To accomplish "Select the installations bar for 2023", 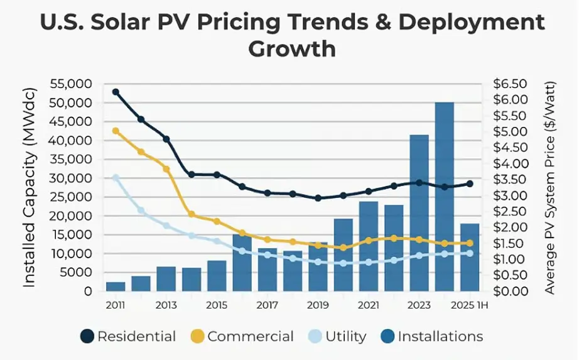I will [x=419, y=214].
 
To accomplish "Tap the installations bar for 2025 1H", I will [x=469, y=258].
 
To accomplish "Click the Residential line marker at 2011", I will [x=116, y=92].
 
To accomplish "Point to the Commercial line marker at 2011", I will [x=116, y=131].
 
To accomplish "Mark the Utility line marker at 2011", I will [x=116, y=178].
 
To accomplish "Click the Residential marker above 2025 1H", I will [x=469, y=184].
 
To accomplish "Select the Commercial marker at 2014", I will [x=192, y=215].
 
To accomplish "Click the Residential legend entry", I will [x=129, y=337].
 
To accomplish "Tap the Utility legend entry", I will [x=337, y=337].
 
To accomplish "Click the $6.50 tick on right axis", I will [x=506, y=84].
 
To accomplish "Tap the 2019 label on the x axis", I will [x=318, y=305].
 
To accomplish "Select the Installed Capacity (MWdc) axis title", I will [x=30, y=187].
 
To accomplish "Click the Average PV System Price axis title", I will [x=551, y=187].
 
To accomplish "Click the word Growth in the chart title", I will [x=292, y=48].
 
